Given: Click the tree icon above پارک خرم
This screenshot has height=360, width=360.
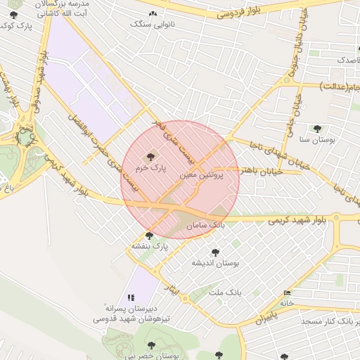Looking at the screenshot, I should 149,156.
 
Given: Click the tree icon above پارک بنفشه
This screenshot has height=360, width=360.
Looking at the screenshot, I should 149,236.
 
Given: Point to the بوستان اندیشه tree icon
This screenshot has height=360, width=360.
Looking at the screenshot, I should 215,252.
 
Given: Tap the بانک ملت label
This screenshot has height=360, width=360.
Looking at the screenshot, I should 228,291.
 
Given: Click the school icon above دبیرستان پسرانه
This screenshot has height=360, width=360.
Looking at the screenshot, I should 131,297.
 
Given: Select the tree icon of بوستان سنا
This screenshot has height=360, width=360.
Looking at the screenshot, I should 317,129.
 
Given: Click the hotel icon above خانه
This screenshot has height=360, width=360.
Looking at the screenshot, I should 286,293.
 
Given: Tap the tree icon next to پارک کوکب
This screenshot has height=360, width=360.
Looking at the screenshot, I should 14,15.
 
